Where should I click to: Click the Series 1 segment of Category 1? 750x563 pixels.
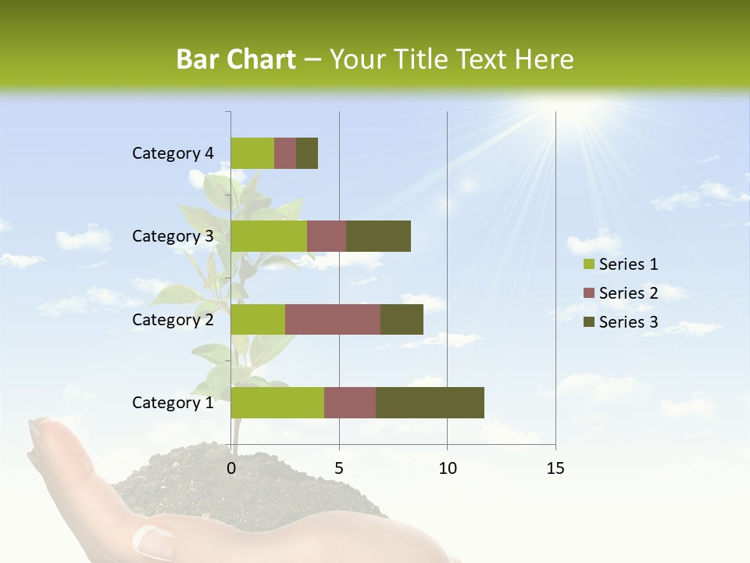coord(277,403)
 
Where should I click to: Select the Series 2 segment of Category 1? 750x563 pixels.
coord(350,403)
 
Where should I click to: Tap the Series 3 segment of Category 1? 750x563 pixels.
coord(430,403)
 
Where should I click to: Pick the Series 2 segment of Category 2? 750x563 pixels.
coord(333,319)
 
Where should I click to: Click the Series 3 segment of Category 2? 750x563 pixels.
coord(402,319)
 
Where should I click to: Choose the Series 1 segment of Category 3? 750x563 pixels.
coord(269,236)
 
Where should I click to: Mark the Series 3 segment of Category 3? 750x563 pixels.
coord(378,236)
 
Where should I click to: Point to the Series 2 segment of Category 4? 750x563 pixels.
coord(285,153)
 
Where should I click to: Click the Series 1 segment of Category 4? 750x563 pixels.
coord(252,153)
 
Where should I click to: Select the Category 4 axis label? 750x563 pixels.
coord(173,153)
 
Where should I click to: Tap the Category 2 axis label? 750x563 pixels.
coord(173,319)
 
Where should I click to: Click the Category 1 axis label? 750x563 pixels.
coord(173,403)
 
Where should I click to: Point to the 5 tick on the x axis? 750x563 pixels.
coord(339,468)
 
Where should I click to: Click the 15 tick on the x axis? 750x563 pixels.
coord(555,468)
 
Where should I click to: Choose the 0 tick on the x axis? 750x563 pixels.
coord(231,468)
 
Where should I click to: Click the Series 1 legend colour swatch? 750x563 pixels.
coord(588,264)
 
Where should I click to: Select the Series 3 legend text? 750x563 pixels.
coord(628,322)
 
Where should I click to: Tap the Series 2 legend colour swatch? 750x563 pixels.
coord(588,293)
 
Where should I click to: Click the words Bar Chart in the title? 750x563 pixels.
coord(235,59)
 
